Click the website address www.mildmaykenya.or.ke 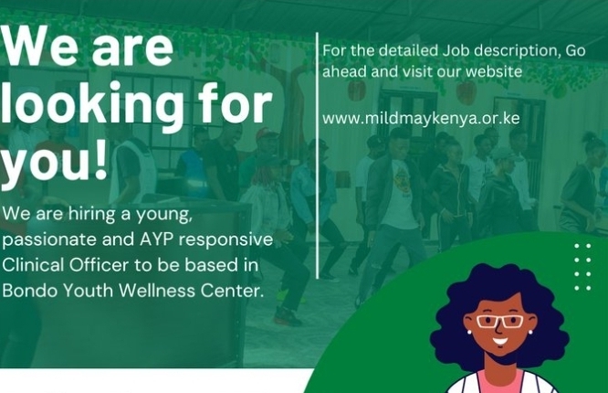coord(421,119)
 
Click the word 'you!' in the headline coord(53,162)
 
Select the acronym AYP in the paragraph coord(156,239)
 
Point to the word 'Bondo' coord(30,291)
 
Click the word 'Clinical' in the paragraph coord(33,265)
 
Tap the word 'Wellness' coord(157,291)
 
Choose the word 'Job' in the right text coord(456,51)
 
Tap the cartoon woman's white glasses coord(499,321)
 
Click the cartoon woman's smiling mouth coord(499,342)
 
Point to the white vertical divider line coord(318,155)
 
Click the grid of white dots coord(582,267)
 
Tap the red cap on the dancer coord(266,134)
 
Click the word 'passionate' coord(49,240)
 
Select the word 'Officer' coord(99,265)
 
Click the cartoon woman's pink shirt coord(500,382)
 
